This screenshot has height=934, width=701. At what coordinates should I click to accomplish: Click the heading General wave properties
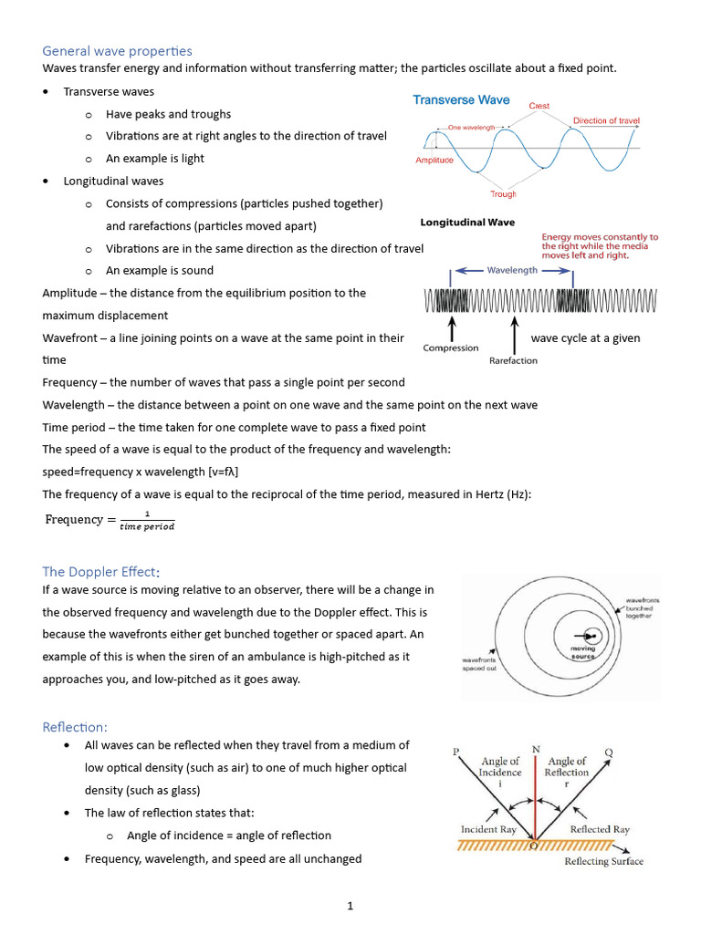pos(117,51)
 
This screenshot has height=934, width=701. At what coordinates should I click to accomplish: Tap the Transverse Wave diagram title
pos(462,100)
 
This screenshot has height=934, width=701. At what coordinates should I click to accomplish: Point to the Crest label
pos(539,107)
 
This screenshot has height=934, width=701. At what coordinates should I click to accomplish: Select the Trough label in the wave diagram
pos(503,194)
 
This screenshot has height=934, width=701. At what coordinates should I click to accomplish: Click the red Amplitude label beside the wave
pos(434,161)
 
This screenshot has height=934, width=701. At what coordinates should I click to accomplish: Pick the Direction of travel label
pos(606,121)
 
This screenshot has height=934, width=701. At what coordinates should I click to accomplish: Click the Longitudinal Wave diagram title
pos(467,222)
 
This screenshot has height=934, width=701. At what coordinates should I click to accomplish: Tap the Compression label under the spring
pos(451,348)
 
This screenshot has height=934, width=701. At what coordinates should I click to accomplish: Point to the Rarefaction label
pos(514,360)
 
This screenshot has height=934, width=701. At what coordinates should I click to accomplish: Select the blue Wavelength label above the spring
pos(512,271)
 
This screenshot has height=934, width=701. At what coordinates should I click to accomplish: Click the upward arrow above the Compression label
pos(452,327)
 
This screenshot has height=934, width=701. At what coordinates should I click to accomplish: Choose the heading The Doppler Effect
pos(100,572)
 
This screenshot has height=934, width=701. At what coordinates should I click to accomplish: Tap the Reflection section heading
pos(75,727)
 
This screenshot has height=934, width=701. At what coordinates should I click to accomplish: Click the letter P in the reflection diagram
pos(456,752)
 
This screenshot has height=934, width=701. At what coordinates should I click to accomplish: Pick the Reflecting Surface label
pos(603,861)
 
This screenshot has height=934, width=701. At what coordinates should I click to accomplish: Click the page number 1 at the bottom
pos(350,906)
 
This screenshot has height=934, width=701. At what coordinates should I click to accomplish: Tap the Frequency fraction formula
pos(110,520)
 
